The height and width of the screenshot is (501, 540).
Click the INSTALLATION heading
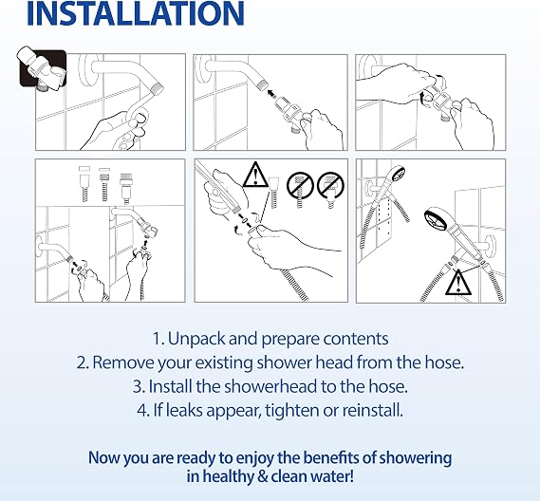[136, 13]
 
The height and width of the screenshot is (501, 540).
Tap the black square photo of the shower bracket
[43, 68]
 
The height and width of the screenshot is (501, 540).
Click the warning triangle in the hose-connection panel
[255, 175]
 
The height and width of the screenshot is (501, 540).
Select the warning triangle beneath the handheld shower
[458, 282]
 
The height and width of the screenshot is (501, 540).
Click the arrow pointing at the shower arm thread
[272, 92]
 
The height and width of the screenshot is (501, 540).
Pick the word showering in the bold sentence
[416, 458]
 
